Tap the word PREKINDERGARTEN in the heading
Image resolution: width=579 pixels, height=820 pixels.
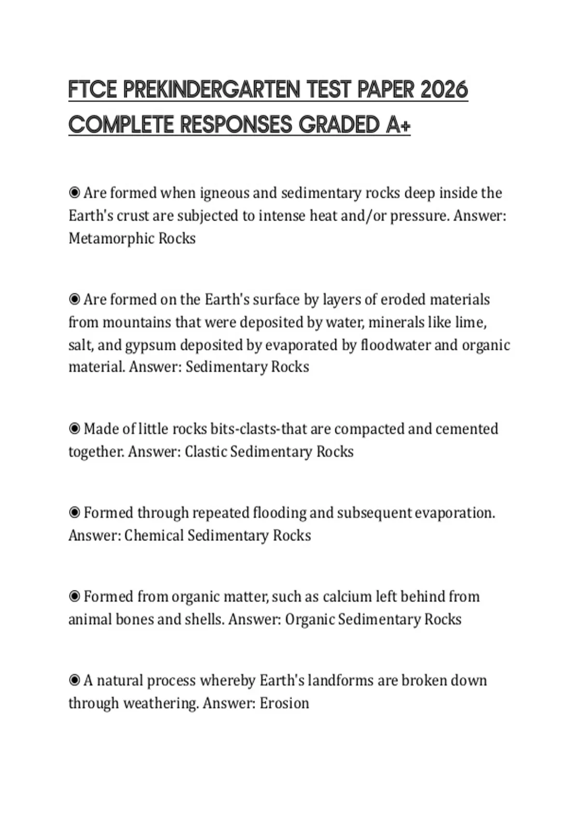pos(211,90)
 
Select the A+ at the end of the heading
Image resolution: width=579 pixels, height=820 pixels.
pos(398,125)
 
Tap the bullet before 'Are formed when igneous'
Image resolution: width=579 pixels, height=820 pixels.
pos(74,193)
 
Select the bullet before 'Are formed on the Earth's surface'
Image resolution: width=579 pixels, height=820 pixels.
pos(74,300)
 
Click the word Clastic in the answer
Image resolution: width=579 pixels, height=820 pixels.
pos(206,451)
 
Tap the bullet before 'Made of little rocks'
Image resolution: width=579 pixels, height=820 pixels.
pos(74,429)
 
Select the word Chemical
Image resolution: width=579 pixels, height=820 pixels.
pos(154,535)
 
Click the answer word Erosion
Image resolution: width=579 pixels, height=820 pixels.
pos(284,703)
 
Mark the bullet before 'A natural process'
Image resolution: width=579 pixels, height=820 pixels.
pos(74,681)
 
